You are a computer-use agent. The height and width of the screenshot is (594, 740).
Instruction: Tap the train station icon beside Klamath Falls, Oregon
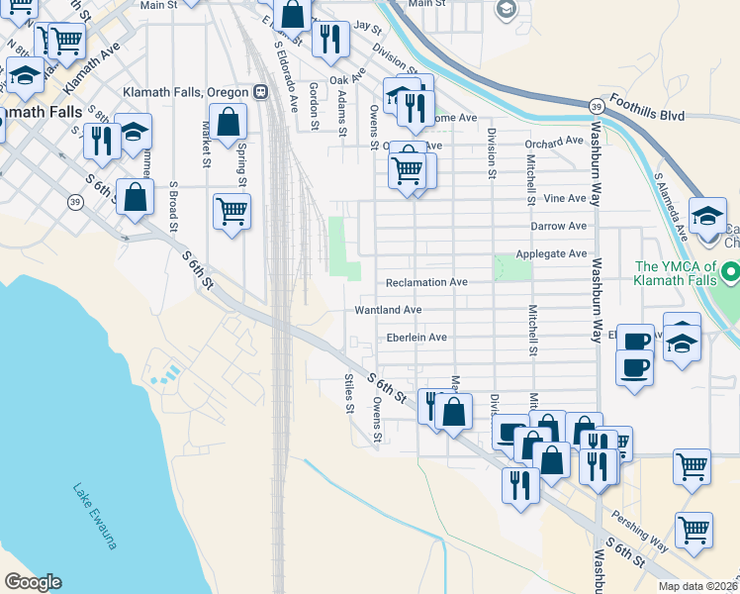(x=260, y=92)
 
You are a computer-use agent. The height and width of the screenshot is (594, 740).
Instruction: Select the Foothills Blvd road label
(x=648, y=108)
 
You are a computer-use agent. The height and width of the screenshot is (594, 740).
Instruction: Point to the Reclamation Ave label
(x=425, y=282)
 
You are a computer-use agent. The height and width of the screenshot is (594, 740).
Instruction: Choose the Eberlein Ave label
(x=416, y=338)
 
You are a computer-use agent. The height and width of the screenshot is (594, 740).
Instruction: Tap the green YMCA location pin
(x=730, y=271)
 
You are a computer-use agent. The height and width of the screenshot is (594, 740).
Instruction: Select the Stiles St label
(x=348, y=393)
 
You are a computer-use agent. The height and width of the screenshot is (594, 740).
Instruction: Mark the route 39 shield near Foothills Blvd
(x=596, y=106)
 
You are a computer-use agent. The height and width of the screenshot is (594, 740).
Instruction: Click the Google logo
(x=33, y=582)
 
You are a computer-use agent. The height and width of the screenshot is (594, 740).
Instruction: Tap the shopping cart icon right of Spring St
(x=231, y=210)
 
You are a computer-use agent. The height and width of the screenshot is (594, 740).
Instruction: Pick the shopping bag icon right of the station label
(x=229, y=123)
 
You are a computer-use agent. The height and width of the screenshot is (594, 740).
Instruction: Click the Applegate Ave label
(x=551, y=254)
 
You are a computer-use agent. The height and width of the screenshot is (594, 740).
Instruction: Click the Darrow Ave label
(x=558, y=226)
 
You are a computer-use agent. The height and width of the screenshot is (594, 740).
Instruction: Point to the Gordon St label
(x=313, y=106)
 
